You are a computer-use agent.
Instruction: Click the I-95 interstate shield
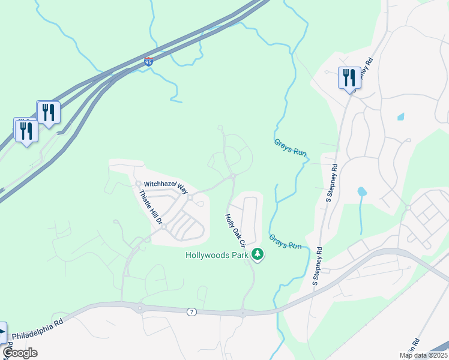tap(149, 61)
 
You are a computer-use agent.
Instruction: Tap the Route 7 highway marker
tap(191, 311)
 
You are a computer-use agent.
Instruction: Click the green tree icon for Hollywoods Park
tap(258, 255)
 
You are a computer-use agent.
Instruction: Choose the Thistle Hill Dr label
tap(151, 208)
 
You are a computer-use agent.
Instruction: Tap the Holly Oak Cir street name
tap(236, 230)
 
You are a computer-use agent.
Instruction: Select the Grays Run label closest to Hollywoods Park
tap(285, 242)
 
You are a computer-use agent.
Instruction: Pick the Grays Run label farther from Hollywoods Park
tap(291, 148)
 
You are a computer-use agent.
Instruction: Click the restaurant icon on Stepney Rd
tap(349, 77)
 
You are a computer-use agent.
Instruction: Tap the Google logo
tap(20, 353)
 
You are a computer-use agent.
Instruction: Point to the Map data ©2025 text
tap(424, 355)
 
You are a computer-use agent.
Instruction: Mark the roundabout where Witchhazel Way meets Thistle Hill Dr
tap(138, 184)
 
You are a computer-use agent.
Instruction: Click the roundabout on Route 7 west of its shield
tap(139, 309)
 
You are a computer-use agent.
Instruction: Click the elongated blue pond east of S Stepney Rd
tap(362, 193)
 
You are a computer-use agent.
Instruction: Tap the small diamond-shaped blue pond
tap(401, 116)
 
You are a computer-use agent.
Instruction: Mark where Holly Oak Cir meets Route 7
tap(243, 313)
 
